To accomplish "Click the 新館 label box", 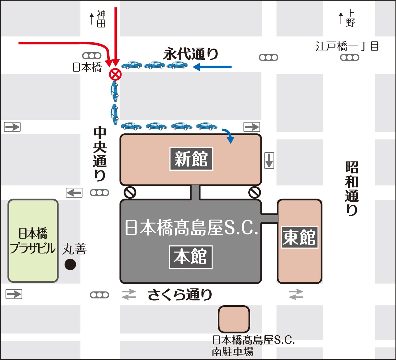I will point(191,159).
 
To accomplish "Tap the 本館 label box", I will point(191,257).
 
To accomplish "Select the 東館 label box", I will point(299,237).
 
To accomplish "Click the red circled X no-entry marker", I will point(116,75).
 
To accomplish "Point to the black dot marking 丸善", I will point(70,264).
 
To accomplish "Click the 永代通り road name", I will point(191,54).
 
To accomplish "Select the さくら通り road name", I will point(180,294).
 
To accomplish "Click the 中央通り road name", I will point(100,153).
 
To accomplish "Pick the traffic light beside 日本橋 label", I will point(92,56).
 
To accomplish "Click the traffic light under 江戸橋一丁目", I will point(349,58).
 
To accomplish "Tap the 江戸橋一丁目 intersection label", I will point(347,46).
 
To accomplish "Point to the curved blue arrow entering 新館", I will point(229,135).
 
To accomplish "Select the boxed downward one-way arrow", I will point(269,160).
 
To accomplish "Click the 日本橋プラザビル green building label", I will point(33,241).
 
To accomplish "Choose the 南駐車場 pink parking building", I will point(234,319).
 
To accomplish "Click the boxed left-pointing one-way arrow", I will point(74,193).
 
